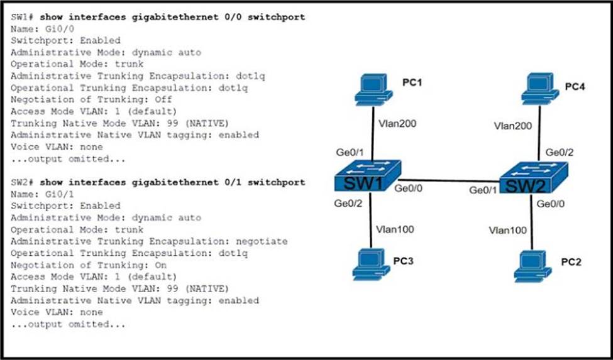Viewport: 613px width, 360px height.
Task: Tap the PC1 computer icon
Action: [373, 90]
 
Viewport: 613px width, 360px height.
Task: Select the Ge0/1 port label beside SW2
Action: [483, 190]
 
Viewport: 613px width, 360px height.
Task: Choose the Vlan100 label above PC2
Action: [508, 231]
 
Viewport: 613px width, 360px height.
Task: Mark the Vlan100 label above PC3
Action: [394, 229]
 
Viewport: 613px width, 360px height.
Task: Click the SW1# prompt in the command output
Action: [23, 17]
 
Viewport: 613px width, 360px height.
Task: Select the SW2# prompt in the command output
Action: [23, 182]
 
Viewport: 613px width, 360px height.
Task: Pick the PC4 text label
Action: [575, 87]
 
